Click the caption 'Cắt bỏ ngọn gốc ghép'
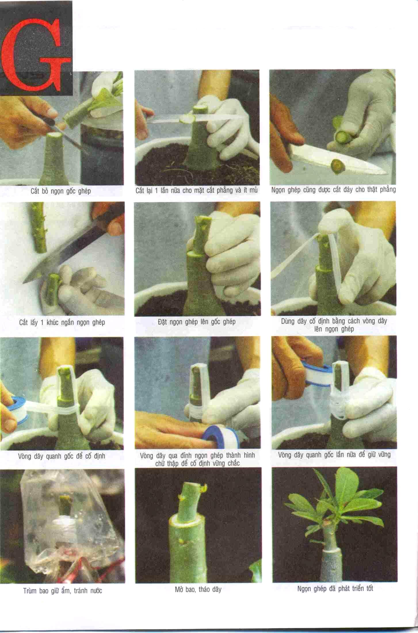61,191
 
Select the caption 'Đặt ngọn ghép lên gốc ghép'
197,322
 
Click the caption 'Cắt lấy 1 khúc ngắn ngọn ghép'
62,322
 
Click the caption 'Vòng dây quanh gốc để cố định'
62,456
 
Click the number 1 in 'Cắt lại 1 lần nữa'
157,191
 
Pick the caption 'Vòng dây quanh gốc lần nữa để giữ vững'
334,455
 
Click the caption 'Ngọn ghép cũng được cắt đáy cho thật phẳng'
334,190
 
